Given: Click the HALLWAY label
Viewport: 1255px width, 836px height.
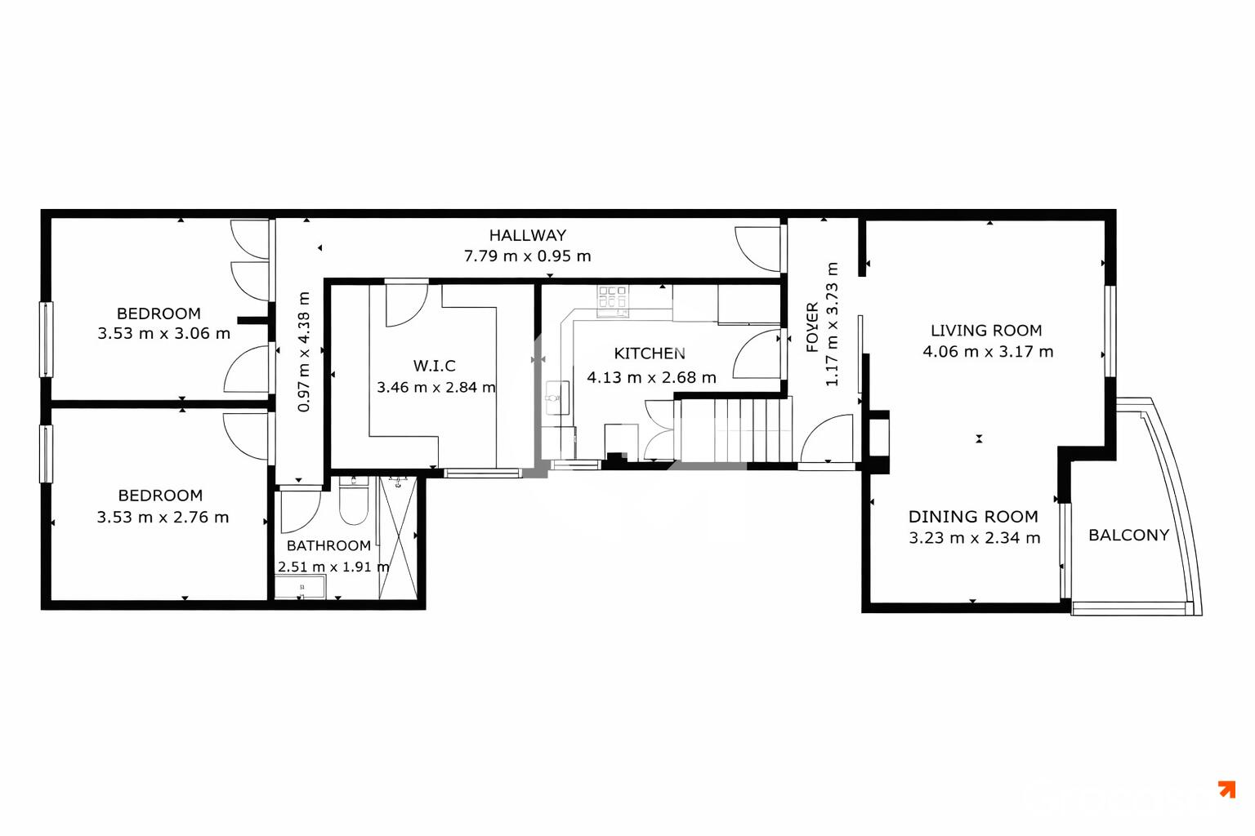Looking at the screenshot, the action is point(527,235).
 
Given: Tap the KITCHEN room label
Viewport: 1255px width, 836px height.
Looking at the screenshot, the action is point(650,354).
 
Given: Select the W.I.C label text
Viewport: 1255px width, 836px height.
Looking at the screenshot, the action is point(434,367).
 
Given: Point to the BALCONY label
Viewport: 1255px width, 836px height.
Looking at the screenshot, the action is point(1128,536).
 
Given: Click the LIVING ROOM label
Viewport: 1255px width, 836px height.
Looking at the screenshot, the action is point(986,331).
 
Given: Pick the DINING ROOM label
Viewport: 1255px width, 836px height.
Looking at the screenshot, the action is point(973,516).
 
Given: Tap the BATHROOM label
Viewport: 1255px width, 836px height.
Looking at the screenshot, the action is point(329,545).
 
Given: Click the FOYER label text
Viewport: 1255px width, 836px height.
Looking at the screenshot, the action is point(812,327).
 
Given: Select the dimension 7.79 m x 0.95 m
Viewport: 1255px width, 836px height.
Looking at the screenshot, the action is point(527,256).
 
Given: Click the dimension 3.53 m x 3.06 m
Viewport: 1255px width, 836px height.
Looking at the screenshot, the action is point(163,334).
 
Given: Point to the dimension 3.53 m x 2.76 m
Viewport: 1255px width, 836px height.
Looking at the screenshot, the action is point(163,517).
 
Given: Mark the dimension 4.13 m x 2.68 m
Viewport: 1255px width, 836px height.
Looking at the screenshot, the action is point(651,377).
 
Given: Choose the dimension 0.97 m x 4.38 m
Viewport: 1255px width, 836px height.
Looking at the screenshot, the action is point(303,352).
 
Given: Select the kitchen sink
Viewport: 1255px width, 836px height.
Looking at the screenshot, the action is point(557,398).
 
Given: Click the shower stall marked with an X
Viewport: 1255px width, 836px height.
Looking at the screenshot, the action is point(398,537).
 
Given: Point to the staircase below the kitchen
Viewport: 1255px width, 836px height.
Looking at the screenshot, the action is point(736,430).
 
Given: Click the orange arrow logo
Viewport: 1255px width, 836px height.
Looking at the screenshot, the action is point(1227,789).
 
